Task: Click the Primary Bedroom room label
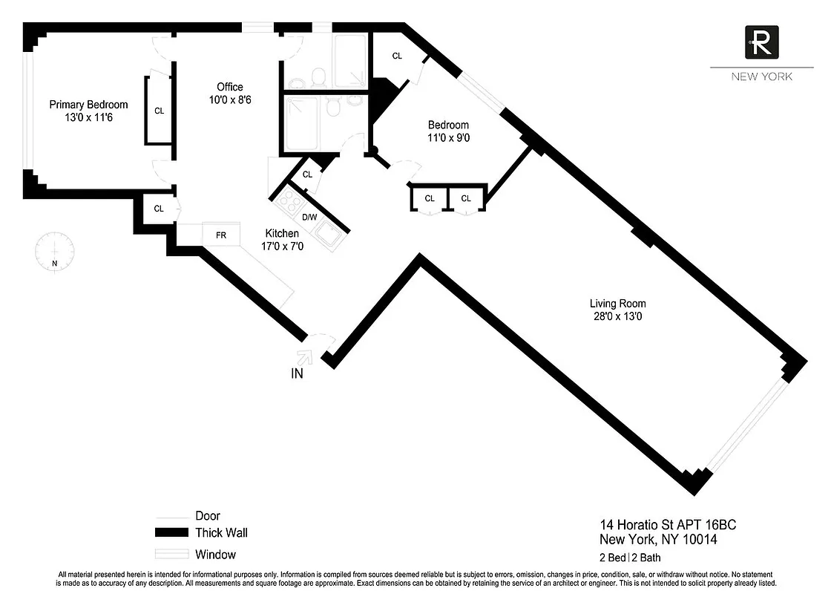tap(88, 105)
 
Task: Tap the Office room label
tap(229, 87)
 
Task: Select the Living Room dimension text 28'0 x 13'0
tap(617, 316)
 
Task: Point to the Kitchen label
tap(282, 234)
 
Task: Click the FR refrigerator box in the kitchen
tap(221, 235)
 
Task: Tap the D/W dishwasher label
tap(309, 217)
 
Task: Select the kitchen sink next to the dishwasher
tap(326, 237)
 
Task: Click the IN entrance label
tap(297, 374)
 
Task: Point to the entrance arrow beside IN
tap(305, 357)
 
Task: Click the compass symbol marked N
tap(54, 253)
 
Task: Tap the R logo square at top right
tap(761, 42)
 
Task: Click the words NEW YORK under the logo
tap(761, 76)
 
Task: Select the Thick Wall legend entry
tap(221, 532)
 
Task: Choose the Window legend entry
tap(215, 554)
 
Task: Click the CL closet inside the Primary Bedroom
tap(159, 111)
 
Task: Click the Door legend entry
tap(207, 515)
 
